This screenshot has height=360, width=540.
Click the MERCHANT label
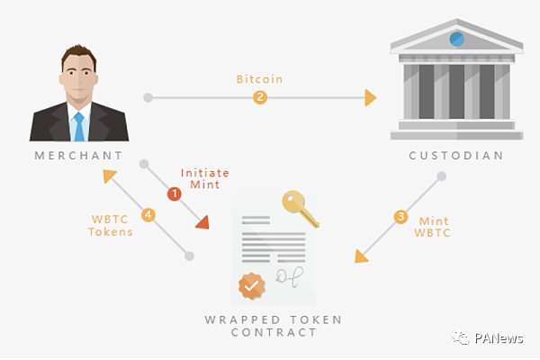pyautogui.click(x=78, y=155)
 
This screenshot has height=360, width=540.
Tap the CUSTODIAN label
pyautogui.click(x=456, y=155)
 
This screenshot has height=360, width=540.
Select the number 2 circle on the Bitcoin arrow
pyautogui.click(x=260, y=97)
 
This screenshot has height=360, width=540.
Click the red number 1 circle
pyautogui.click(x=174, y=193)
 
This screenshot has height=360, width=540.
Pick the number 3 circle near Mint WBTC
pyautogui.click(x=400, y=216)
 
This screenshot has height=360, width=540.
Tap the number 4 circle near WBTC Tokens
pyautogui.click(x=149, y=215)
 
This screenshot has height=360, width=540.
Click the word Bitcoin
pyautogui.click(x=259, y=79)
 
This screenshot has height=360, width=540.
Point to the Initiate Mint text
pyautogui.click(x=205, y=178)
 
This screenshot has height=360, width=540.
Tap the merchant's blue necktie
pyautogui.click(x=79, y=126)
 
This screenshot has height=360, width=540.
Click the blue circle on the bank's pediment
pyautogui.click(x=457, y=39)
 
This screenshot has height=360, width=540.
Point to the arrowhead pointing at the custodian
pyautogui.click(x=370, y=97)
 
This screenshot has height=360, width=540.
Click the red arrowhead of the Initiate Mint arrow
pyautogui.click(x=202, y=221)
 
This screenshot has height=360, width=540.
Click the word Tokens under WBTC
pyautogui.click(x=111, y=231)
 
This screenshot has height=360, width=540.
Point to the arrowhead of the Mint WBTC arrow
pyautogui.click(x=361, y=256)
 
